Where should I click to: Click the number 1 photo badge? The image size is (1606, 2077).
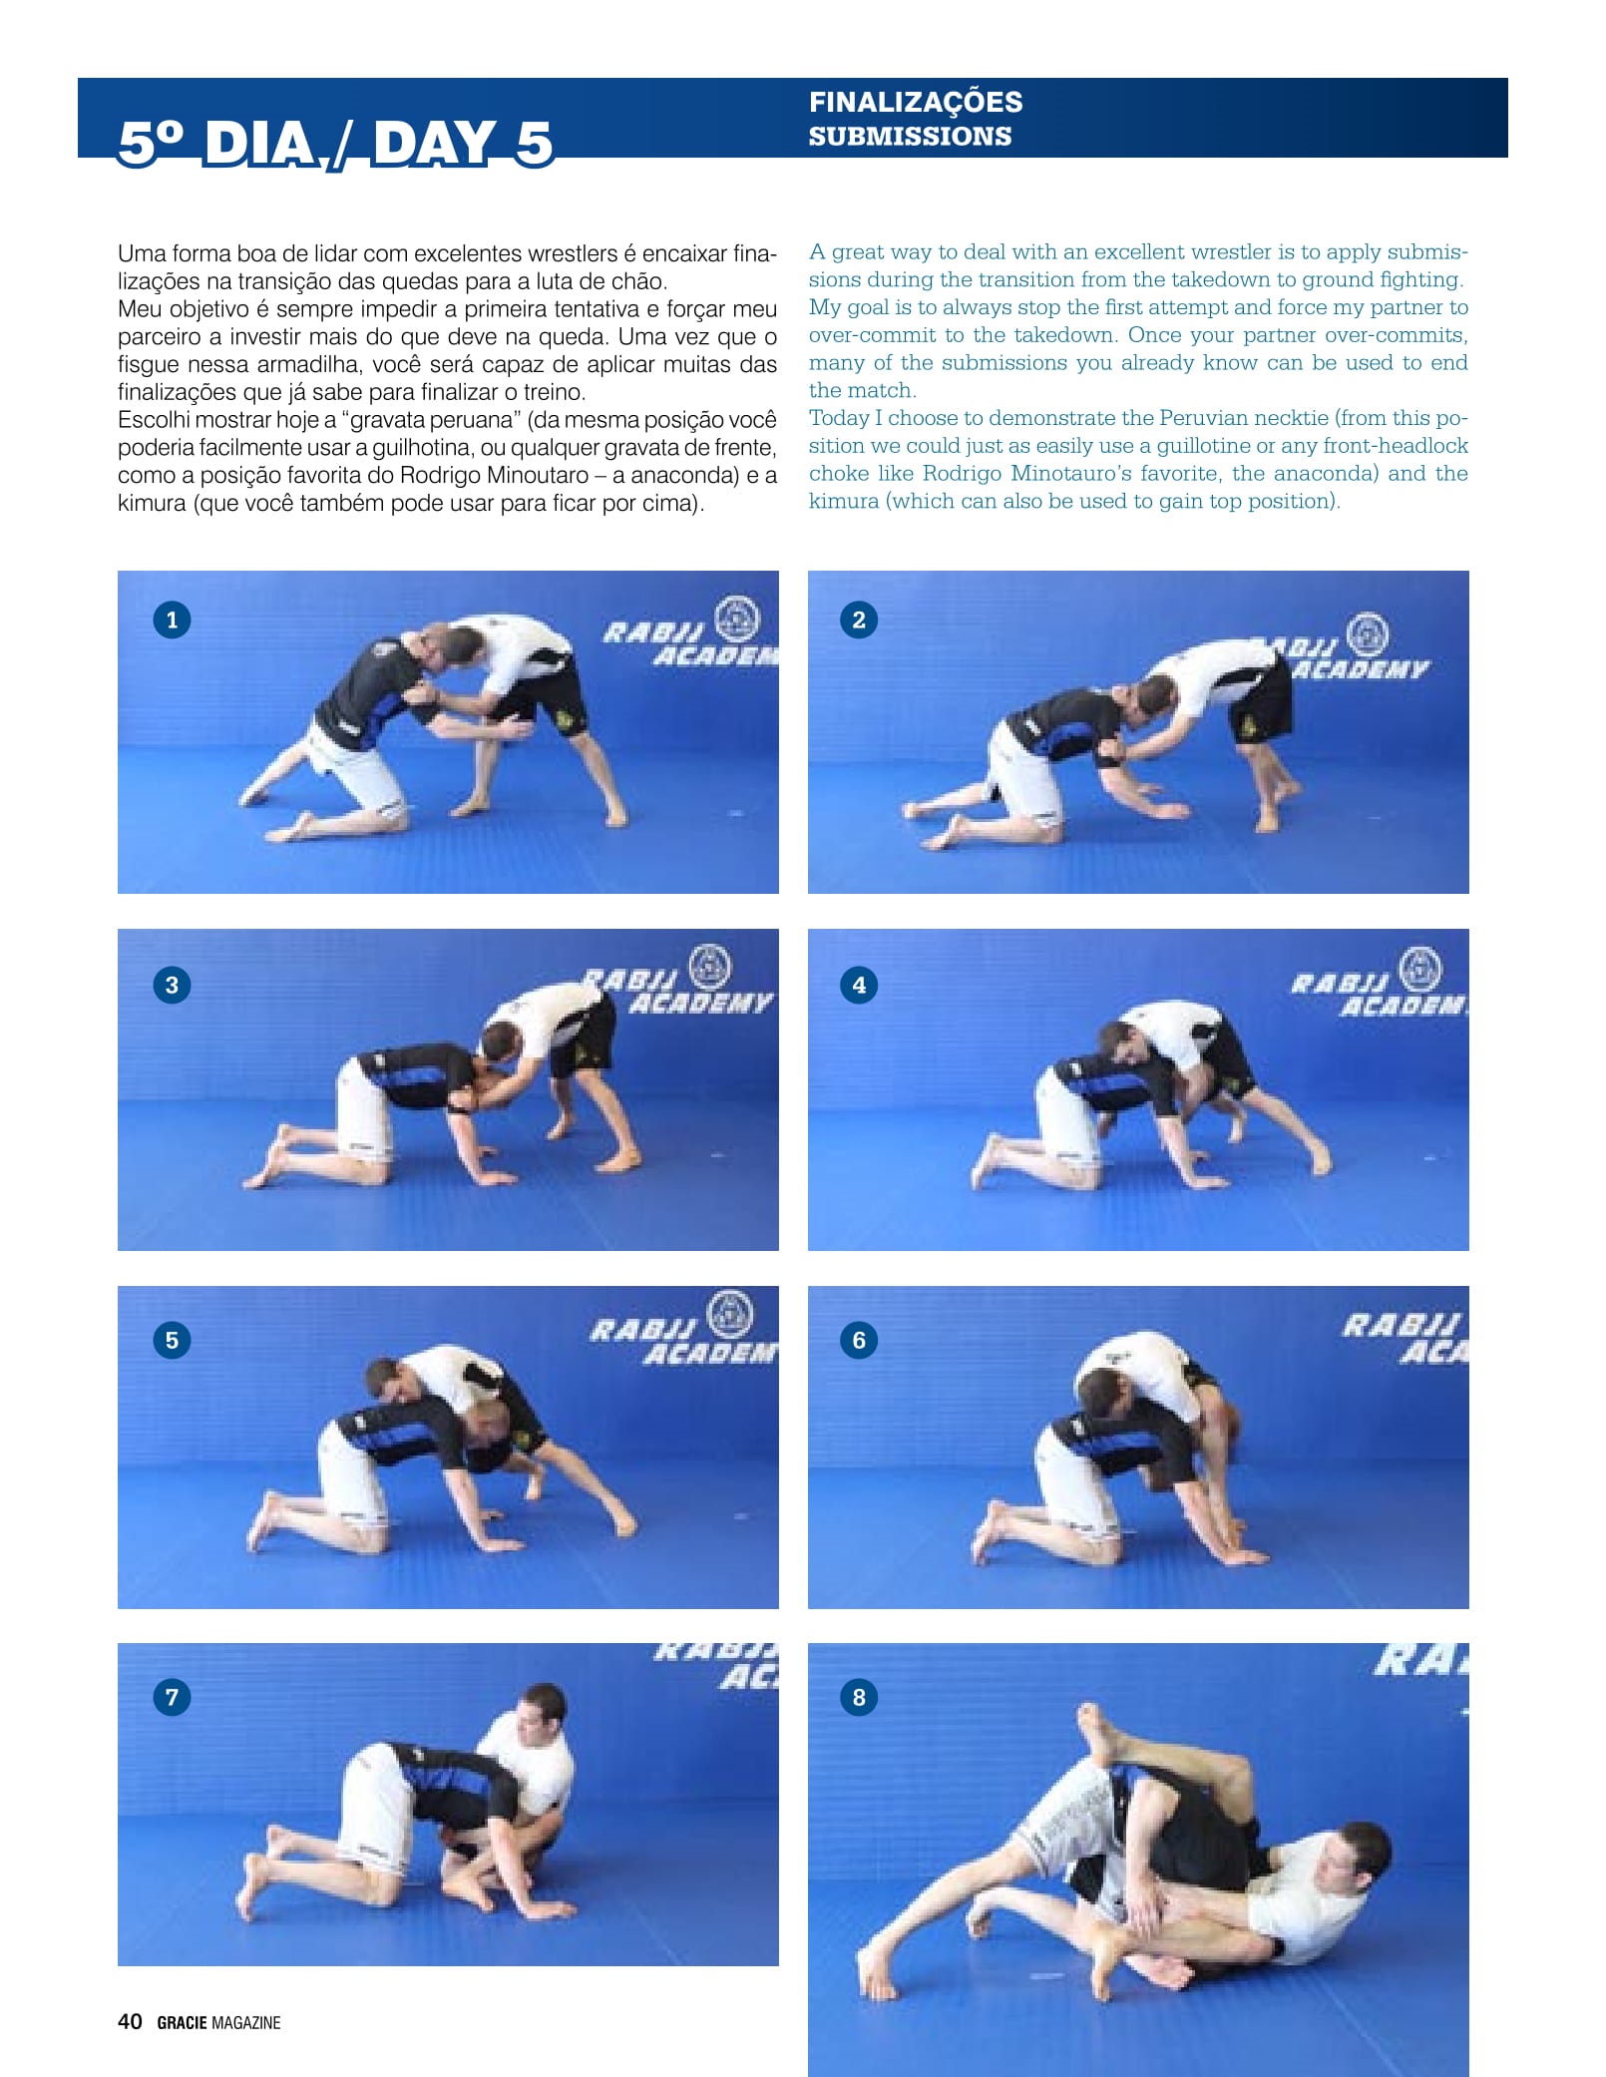click(x=172, y=620)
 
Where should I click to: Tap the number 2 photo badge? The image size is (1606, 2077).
click(x=859, y=620)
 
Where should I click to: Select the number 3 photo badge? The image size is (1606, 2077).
click(x=172, y=985)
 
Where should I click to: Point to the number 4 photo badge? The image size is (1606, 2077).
click(x=859, y=985)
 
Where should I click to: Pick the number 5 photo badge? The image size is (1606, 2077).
click(x=172, y=1340)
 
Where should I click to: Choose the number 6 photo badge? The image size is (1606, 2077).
click(x=859, y=1340)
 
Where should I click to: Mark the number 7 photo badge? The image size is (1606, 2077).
click(x=172, y=1697)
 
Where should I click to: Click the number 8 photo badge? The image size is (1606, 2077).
click(x=859, y=1697)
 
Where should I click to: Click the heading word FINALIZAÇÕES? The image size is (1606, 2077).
click(x=916, y=103)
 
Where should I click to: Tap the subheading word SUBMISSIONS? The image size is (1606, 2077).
click(x=910, y=136)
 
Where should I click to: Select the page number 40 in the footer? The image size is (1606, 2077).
click(x=130, y=2021)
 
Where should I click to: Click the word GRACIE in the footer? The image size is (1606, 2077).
click(x=182, y=2022)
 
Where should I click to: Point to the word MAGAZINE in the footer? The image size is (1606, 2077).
click(x=246, y=2022)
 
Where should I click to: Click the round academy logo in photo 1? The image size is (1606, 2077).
click(x=737, y=618)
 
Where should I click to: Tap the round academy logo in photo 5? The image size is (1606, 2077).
click(x=731, y=1314)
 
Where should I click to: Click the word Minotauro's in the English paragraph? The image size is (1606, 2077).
click(x=1071, y=473)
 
